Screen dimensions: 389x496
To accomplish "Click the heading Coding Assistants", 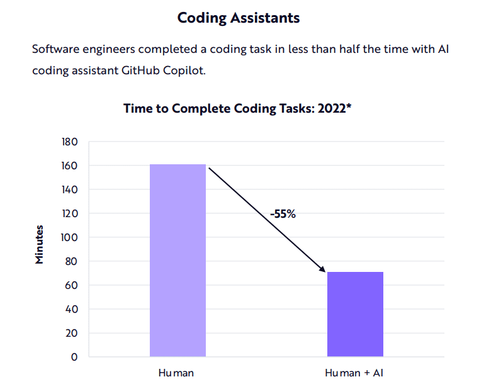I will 239,18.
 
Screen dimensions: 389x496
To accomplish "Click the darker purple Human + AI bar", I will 354,314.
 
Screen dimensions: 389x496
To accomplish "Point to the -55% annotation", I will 283,213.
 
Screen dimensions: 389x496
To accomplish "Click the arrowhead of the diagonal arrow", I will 323,270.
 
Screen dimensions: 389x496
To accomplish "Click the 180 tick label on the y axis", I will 69,142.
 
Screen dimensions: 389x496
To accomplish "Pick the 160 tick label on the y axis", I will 69,166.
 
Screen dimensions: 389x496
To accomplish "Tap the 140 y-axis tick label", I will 69,189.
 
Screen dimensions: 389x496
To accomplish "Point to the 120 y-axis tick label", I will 69,213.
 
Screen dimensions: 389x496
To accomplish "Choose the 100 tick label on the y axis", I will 69,237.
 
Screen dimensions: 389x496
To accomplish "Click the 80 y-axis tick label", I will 71,261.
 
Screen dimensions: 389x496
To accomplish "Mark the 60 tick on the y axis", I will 71,285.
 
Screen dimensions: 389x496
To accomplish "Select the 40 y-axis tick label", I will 71,309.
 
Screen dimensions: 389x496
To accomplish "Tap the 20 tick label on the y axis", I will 71,333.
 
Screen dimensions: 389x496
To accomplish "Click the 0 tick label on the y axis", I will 74,357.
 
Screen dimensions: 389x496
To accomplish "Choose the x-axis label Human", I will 176,373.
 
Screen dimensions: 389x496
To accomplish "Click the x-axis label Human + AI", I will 354,373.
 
